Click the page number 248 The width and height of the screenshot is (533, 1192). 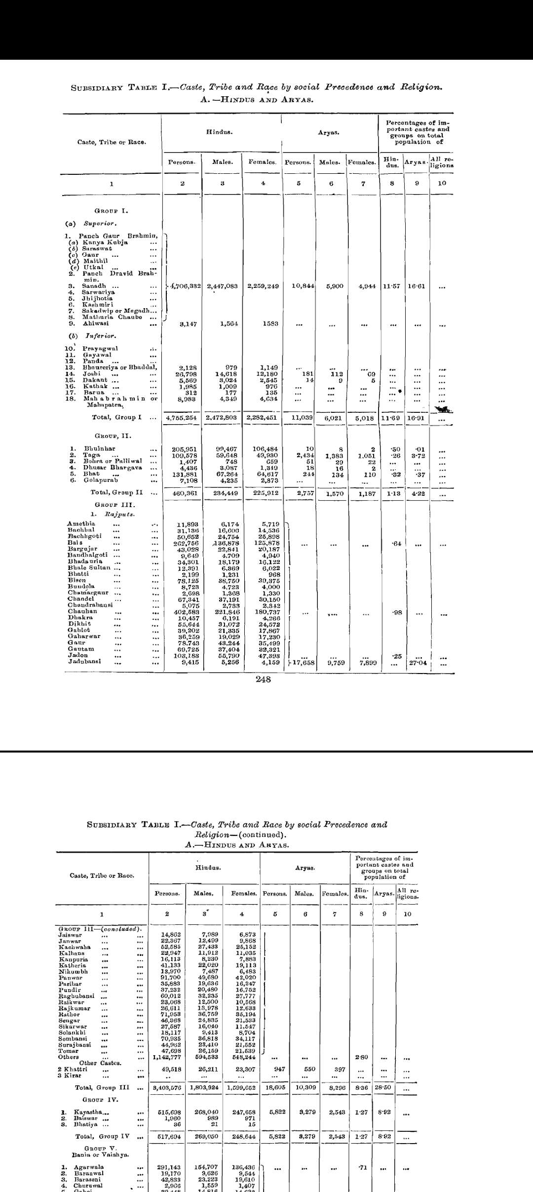[x=264, y=679]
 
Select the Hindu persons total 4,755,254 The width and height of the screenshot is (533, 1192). [x=182, y=417]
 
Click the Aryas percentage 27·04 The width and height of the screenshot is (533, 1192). [x=418, y=663]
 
